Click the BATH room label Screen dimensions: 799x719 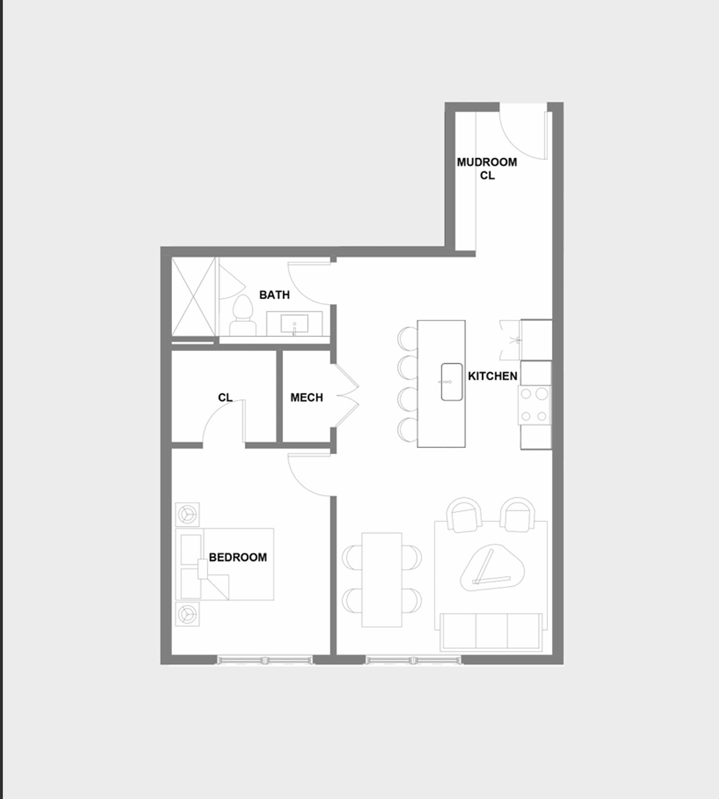point(274,295)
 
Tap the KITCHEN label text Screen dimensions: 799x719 point(492,376)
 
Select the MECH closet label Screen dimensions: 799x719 point(306,398)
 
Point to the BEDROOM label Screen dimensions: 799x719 point(238,558)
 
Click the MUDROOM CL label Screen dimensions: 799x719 point(487,169)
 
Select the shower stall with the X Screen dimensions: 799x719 point(194,296)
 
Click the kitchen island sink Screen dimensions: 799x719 point(452,382)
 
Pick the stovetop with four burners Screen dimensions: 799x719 point(534,405)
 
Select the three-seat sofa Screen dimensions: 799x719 point(491,632)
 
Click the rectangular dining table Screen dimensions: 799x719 point(382,580)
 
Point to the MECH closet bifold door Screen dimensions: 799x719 point(347,396)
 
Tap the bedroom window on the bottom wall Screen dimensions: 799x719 point(264,660)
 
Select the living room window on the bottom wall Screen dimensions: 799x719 point(413,660)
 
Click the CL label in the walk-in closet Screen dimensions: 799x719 point(225,398)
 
